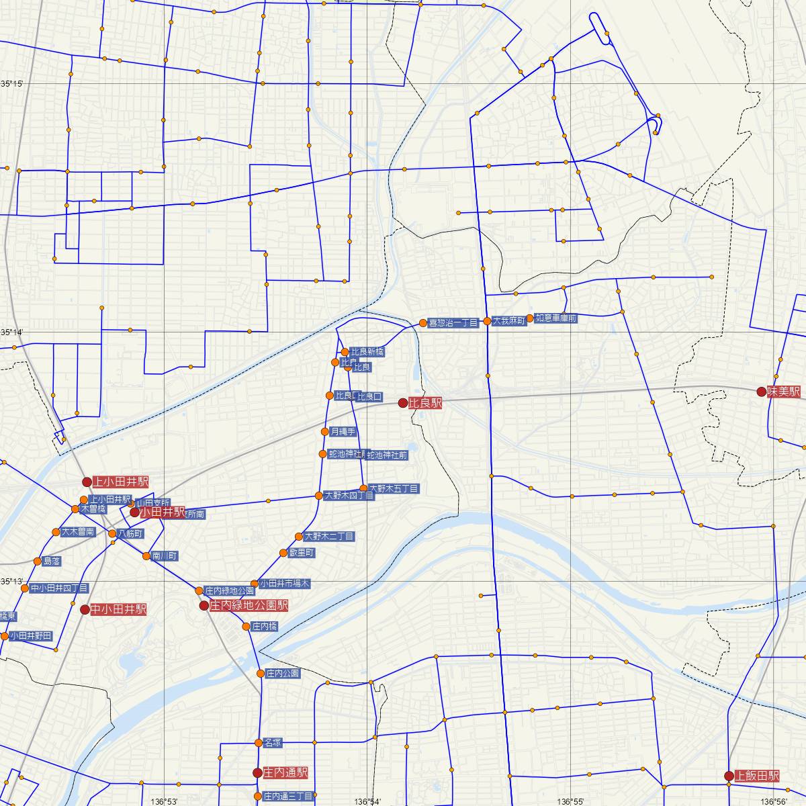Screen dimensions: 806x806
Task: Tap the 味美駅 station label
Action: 785,392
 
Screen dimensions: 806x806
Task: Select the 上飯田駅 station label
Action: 757,776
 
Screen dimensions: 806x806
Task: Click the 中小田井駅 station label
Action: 118,610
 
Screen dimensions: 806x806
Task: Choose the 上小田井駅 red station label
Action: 120,482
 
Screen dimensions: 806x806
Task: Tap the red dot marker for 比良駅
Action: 402,403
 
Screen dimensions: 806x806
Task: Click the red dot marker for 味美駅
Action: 761,392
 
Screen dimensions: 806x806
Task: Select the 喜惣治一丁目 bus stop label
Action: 453,323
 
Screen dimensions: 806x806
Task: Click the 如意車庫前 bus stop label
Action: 555,318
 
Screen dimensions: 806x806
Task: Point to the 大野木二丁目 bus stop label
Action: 328,537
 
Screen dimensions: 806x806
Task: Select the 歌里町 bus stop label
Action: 302,553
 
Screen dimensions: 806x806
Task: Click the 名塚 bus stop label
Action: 272,742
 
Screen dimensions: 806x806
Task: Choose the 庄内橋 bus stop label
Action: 264,627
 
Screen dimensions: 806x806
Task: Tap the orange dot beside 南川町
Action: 146,555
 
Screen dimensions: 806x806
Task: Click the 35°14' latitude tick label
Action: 12,332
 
